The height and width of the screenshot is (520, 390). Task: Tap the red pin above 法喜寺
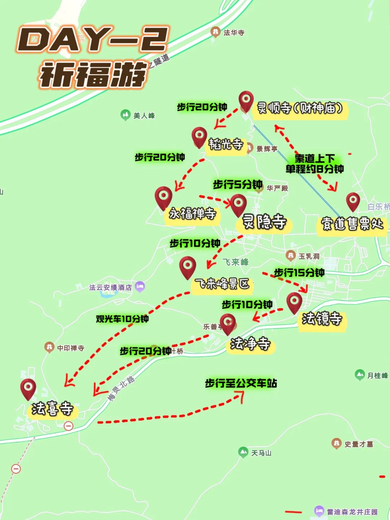[28, 388]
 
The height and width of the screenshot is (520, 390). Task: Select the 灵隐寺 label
[264, 222]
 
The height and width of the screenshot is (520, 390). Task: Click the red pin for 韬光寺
[199, 137]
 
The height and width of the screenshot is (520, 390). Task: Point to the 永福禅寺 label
[192, 214]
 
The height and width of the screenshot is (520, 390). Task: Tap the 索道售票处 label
[352, 224]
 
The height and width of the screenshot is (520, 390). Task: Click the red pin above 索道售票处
[353, 201]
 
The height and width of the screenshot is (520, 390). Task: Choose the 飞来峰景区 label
[222, 284]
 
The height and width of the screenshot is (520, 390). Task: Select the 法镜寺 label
[322, 319]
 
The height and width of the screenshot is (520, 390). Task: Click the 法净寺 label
[250, 344]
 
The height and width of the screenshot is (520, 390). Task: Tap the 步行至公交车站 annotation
[241, 383]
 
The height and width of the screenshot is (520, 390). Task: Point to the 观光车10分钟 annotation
[122, 319]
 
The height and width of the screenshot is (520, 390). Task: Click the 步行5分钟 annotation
[238, 185]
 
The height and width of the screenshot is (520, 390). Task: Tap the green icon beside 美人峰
[125, 115]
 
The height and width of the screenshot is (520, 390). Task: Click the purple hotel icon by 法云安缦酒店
[140, 287]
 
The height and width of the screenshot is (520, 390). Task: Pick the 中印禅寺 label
[70, 348]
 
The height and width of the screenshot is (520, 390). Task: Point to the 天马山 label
[261, 453]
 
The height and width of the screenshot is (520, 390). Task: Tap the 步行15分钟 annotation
[299, 273]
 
